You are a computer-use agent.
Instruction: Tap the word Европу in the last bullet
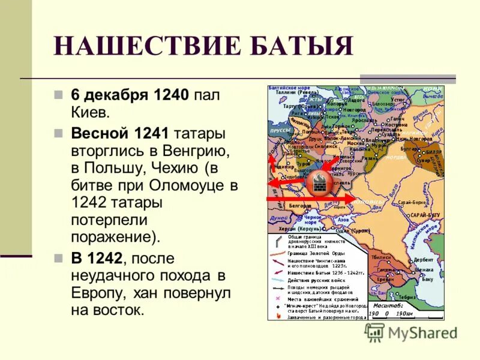click(97, 294)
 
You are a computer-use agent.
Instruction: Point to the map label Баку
click(427, 278)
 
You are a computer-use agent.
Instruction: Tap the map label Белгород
click(300, 205)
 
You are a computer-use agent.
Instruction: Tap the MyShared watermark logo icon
click(375, 332)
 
